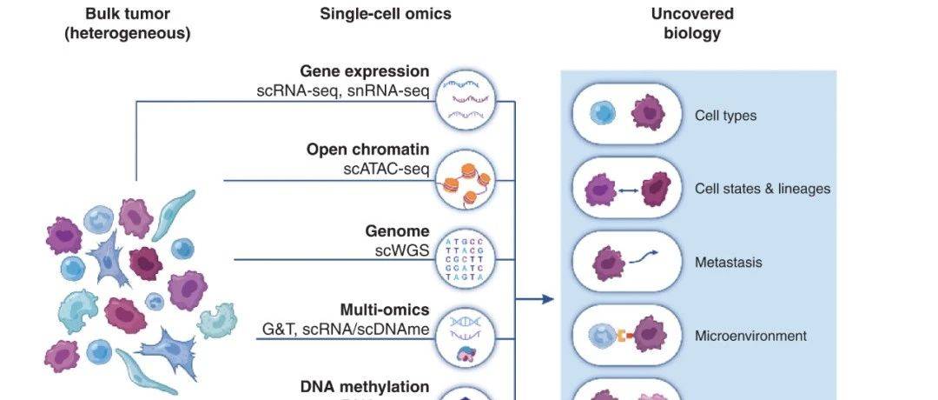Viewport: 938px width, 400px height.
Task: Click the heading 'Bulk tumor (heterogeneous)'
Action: point(127,24)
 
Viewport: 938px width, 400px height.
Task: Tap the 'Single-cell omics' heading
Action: point(386,15)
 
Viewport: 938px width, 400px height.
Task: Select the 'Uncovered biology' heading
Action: point(691,24)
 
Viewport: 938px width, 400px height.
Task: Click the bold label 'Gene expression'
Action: point(365,71)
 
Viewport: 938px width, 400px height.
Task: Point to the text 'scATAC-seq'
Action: point(386,169)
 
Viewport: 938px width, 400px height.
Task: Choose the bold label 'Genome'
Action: point(398,231)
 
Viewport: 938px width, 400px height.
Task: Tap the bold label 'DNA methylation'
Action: point(365,386)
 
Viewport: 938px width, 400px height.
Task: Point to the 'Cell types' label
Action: point(725,116)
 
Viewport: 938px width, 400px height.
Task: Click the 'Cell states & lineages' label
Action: point(763,189)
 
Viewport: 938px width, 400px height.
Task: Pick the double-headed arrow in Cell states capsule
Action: point(629,189)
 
